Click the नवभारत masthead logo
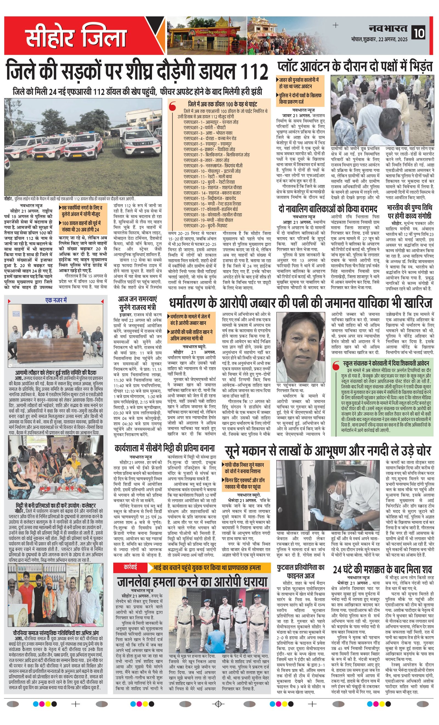tap(388, 28)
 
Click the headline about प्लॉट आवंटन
tap(355, 67)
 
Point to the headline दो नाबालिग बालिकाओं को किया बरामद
tap(327, 209)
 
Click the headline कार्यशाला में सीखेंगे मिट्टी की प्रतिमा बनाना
tap(165, 448)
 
